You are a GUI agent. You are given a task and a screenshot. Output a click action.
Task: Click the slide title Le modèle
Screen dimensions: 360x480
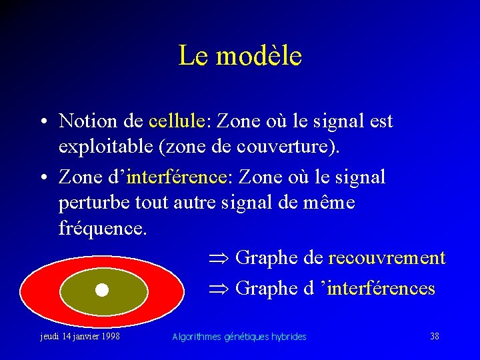coord(240,55)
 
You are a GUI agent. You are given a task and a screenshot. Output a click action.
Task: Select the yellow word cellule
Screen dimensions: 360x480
coord(176,121)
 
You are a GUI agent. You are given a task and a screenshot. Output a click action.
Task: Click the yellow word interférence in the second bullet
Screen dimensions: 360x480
coord(176,177)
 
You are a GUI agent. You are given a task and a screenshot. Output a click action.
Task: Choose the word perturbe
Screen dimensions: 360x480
coord(95,203)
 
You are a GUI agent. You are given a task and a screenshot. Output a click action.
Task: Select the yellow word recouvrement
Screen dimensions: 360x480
coord(387,257)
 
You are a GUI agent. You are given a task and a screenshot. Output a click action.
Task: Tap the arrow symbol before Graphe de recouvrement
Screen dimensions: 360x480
coord(217,258)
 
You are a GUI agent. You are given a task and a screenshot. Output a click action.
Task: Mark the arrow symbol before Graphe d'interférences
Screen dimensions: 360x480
coord(217,289)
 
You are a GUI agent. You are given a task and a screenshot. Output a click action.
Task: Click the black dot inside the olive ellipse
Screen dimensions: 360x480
coord(101,290)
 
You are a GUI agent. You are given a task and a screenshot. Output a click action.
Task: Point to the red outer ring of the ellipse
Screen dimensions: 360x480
coord(37,290)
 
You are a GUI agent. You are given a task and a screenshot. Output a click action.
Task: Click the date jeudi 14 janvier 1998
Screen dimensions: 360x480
coord(80,337)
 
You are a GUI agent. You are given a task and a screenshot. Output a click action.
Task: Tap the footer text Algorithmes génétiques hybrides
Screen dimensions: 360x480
coord(239,337)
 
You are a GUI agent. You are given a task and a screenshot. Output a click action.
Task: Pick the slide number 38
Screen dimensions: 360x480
coord(434,336)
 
